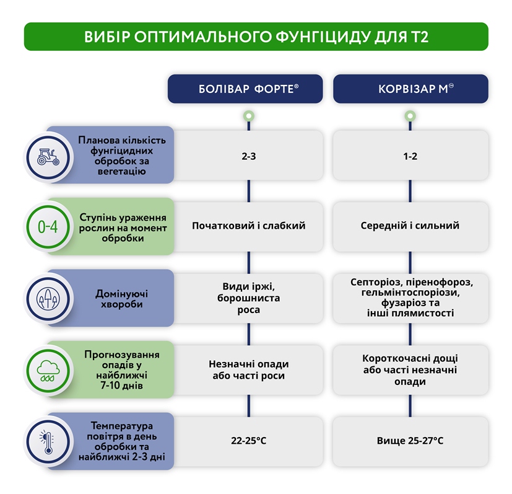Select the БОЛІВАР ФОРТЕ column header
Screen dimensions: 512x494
[x=245, y=89]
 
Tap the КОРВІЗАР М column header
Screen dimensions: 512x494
[x=410, y=89]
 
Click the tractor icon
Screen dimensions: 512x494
[x=48, y=157]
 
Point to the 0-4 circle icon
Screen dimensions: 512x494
[x=48, y=227]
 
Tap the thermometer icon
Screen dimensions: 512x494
[x=48, y=443]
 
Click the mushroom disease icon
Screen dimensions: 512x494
[x=48, y=299]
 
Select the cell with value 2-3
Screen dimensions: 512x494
[x=248, y=156]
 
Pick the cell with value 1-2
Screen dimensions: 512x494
[x=410, y=156]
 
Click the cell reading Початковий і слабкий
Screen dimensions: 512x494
[x=248, y=226]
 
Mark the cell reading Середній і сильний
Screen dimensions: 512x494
[x=410, y=226]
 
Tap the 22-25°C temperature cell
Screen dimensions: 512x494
[x=248, y=441]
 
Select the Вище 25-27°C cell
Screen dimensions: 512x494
[x=410, y=441]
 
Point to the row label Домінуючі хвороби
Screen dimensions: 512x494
[x=121, y=299]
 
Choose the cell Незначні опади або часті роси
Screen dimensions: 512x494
[x=248, y=370]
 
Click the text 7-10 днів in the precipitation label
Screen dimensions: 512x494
[x=121, y=386]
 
